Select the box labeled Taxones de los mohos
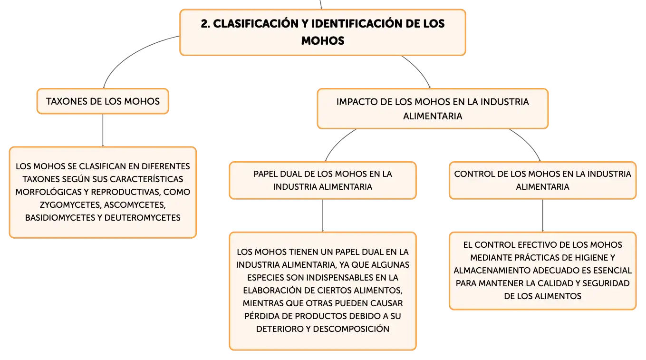(103, 101)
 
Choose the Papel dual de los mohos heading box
(323, 180)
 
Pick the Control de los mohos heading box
(542, 180)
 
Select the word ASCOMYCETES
(137, 205)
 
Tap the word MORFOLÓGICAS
(46, 193)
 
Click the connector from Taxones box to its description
(102, 130)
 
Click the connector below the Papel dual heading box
(323, 215)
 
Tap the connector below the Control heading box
(542, 215)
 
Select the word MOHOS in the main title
(322, 41)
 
